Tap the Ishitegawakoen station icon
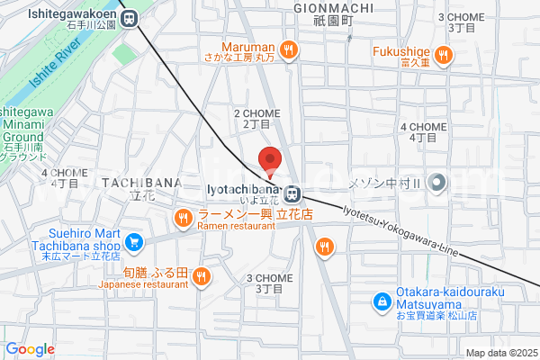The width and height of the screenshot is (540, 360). [130, 17]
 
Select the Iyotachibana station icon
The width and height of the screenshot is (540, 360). [292, 192]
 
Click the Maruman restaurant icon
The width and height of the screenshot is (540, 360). [288, 49]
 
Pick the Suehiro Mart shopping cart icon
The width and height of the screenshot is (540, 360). [134, 240]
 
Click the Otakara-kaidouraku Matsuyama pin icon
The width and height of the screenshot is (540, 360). [382, 301]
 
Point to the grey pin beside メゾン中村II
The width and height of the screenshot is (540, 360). [437, 183]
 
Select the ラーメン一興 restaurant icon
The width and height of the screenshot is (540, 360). [183, 216]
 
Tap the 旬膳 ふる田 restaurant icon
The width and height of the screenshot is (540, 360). [202, 276]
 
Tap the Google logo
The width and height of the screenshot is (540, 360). [30, 349]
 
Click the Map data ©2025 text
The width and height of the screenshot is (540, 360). [500, 353]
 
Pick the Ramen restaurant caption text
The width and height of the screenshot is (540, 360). [236, 227]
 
